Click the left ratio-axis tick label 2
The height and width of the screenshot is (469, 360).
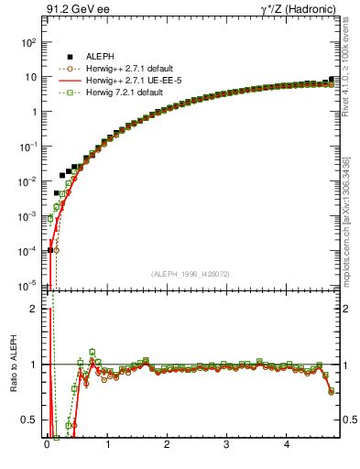pyautogui.click(x=33, y=309)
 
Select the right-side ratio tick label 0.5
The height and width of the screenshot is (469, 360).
pyautogui.click(x=349, y=420)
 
